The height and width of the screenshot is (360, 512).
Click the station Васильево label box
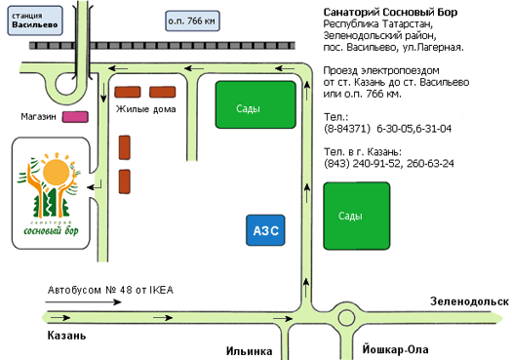coord(35,20)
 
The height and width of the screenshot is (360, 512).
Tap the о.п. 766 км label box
coord(192,20)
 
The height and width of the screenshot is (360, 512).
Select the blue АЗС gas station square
coord(265,230)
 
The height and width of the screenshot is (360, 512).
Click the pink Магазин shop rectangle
coord(75,117)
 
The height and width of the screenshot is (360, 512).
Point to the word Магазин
coord(39,117)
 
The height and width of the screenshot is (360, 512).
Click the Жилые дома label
coord(146,109)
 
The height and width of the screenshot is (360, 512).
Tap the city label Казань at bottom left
coord(67,336)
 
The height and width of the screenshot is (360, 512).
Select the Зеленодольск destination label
coord(469,301)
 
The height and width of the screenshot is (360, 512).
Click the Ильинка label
coord(249,351)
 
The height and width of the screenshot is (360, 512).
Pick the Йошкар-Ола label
coord(395,349)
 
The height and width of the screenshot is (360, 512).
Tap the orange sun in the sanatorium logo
coord(57,172)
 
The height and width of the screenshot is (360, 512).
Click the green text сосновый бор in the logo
coord(51,230)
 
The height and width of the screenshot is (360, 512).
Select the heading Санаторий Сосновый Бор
coord(390,13)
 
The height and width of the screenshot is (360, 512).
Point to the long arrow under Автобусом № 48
coord(83,302)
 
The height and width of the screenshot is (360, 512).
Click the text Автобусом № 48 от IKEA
coord(110,290)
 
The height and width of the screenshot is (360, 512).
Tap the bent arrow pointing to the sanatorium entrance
coord(95,186)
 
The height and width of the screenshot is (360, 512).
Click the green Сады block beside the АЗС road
coord(357,217)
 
